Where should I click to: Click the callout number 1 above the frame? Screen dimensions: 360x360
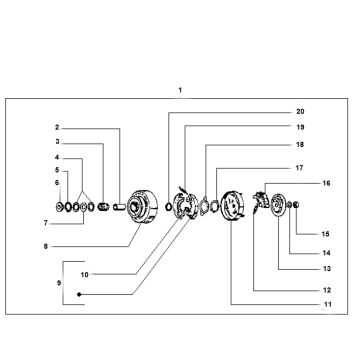180,90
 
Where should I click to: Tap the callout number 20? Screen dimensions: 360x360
300,112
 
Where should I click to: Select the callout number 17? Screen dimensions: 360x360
299,168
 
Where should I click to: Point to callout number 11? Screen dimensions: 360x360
328,304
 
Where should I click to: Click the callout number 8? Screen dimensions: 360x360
46,247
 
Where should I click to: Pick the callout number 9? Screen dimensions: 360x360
59,283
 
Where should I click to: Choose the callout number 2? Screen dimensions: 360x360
57,127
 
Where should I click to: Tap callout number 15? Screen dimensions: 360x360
325,234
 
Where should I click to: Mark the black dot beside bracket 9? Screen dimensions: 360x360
79,294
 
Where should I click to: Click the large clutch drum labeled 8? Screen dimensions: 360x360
142,207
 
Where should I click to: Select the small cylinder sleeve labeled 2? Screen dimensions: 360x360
119,207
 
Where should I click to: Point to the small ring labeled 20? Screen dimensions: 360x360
169,207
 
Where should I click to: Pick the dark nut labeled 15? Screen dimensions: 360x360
296,205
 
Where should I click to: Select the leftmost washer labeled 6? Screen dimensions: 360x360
59,207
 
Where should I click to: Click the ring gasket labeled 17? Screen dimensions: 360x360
215,204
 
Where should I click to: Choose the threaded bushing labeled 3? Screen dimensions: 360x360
103,207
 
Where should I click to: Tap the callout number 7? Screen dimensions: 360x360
46,223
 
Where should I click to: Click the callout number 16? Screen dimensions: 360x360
327,183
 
